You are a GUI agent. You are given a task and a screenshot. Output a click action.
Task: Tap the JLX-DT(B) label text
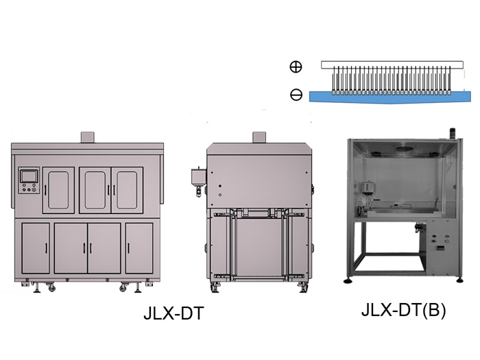[x=403, y=311]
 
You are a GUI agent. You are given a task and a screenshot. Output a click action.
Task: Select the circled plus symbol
[x=296, y=67]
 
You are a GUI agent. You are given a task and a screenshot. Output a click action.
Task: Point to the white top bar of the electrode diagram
[x=387, y=65]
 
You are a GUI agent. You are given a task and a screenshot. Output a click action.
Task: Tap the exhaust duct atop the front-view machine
[x=87, y=136]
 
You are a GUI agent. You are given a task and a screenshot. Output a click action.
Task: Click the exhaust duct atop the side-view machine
[x=259, y=137]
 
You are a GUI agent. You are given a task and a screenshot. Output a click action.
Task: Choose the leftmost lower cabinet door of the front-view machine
[x=36, y=248]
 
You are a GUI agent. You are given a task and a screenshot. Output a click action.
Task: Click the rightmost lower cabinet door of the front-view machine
[x=139, y=248]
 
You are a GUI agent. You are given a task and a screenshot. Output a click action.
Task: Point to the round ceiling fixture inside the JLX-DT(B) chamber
[x=405, y=146]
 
